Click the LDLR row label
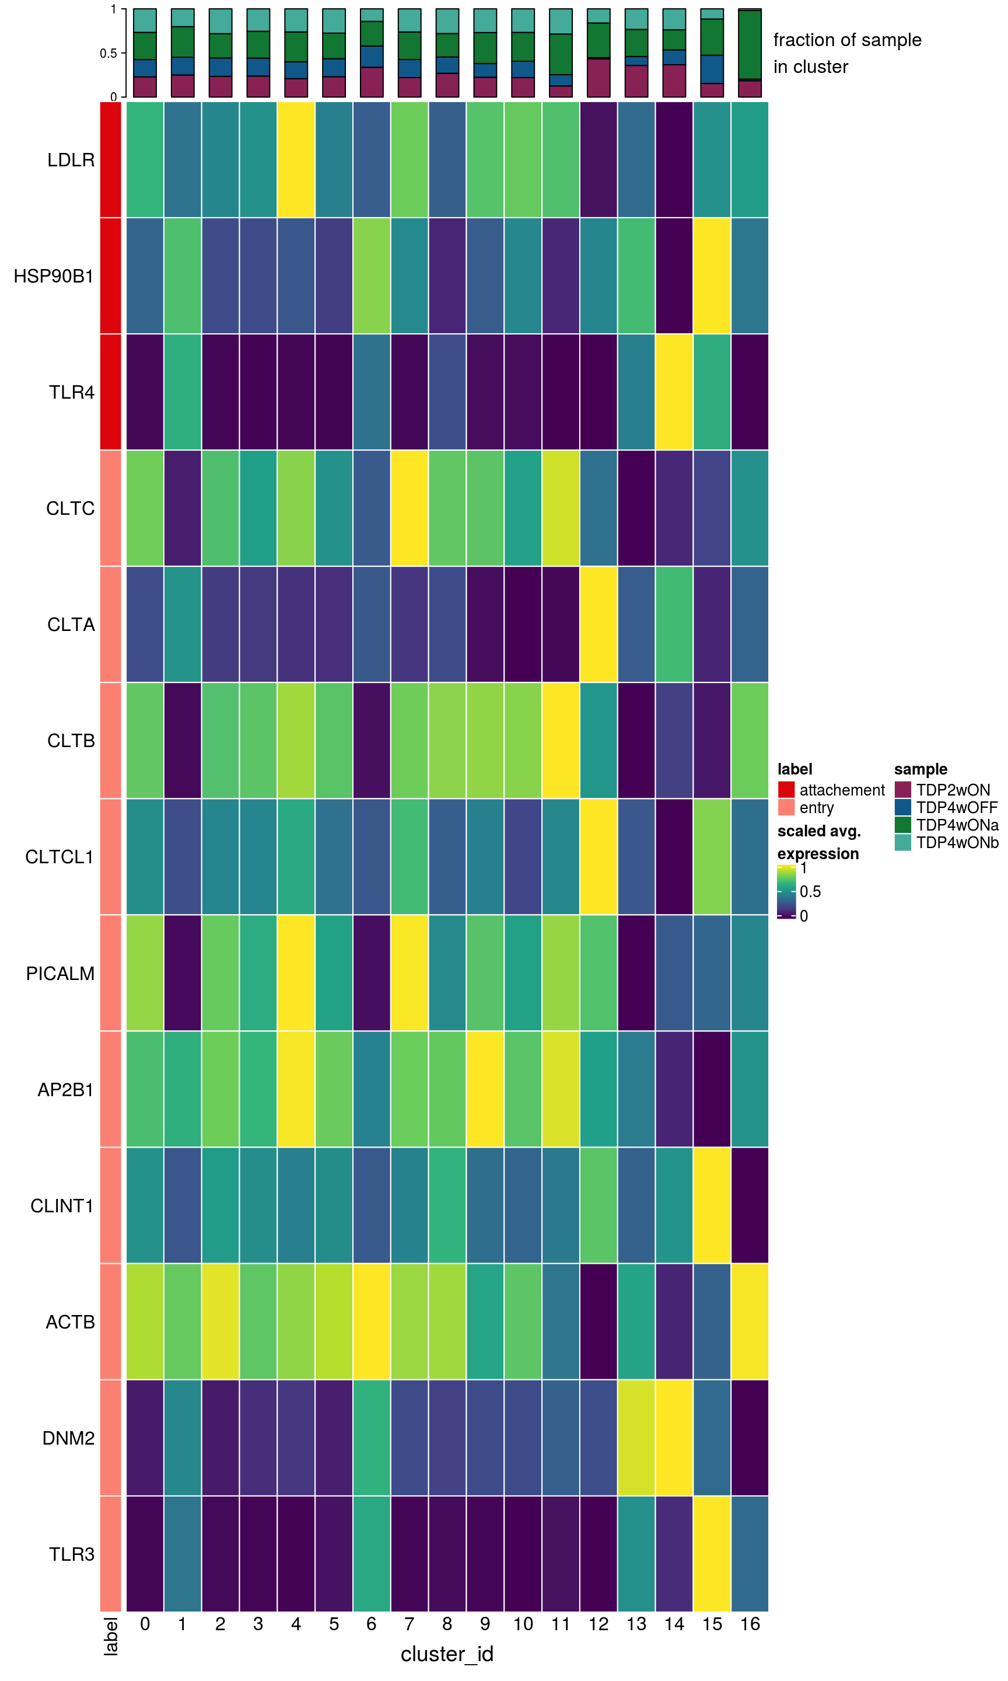tap(71, 161)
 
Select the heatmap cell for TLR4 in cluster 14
tap(674, 392)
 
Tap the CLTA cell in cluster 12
tap(598, 624)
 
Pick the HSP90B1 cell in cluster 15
tap(712, 276)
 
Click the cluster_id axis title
tap(447, 1653)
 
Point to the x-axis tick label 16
tap(750, 1623)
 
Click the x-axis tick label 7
tap(409, 1623)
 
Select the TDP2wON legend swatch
tap(903, 790)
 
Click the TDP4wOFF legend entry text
tap(957, 807)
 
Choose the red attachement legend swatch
tap(786, 790)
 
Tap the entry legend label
tap(817, 807)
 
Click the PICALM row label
tap(61, 973)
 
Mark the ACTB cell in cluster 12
tap(598, 1321)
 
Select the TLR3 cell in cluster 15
tap(712, 1554)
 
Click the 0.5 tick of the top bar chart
tap(108, 53)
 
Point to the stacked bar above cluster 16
tap(750, 53)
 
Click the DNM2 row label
tap(68, 1438)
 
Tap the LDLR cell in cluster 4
tap(296, 161)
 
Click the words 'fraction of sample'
tap(847, 40)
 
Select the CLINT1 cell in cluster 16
tap(750, 1205)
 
